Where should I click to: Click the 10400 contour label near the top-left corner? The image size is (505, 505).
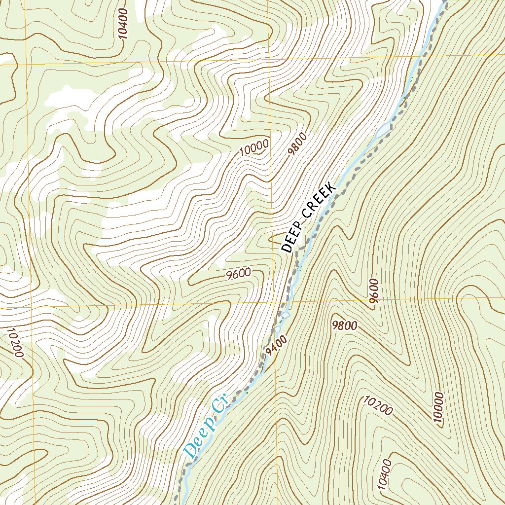point(123,24)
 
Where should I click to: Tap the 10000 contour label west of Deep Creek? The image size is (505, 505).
point(255,147)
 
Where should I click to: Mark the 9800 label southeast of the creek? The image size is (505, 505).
point(345,325)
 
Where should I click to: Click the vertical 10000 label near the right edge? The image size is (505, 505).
point(438,408)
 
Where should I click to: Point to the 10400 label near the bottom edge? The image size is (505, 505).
point(386,474)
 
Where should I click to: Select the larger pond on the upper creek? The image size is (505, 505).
point(384,130)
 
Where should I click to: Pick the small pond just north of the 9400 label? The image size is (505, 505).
point(285,314)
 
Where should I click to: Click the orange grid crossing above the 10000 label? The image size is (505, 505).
point(269,61)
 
